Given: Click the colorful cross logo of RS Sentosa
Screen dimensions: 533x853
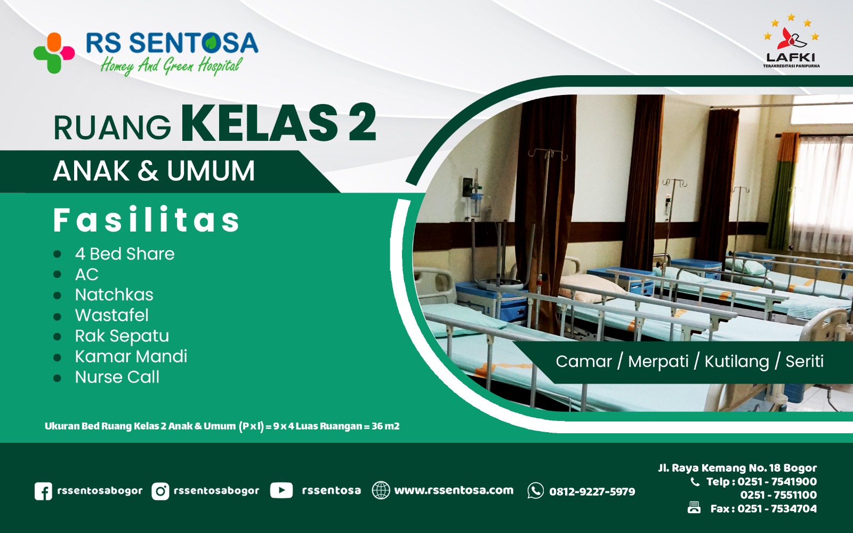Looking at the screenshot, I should click(54, 52).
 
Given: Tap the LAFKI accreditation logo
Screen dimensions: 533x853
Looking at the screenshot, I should click(791, 42).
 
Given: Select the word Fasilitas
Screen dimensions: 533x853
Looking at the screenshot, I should click(147, 220).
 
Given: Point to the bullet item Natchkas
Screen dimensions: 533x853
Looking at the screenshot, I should click(114, 295).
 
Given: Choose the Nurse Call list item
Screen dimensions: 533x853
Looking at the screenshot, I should click(117, 377).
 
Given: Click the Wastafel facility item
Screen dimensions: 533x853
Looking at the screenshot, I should click(112, 315).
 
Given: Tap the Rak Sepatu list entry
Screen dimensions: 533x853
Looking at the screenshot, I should click(122, 336).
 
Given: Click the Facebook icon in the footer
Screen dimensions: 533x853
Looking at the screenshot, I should click(43, 491).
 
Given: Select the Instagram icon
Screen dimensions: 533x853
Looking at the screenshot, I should click(160, 491).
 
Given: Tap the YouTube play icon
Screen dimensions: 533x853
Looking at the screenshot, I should click(281, 490).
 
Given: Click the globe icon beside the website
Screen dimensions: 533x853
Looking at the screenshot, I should click(381, 490).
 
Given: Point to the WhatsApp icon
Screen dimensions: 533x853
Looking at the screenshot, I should click(535, 491).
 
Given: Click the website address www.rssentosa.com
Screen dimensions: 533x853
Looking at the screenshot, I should click(454, 490).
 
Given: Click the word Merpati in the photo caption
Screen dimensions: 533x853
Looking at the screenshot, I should click(658, 362).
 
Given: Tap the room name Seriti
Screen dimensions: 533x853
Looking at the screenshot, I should click(804, 362).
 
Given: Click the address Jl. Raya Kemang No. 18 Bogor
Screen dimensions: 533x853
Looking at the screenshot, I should click(737, 468).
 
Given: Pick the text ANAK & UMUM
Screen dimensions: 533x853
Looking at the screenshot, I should click(154, 171).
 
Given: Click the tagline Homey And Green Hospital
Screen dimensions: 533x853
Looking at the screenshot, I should click(171, 66).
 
